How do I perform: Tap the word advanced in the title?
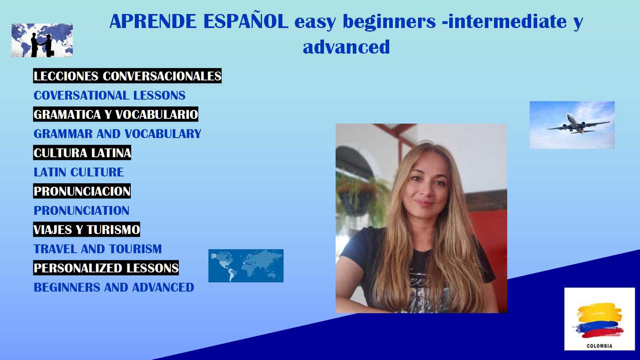point(346,47)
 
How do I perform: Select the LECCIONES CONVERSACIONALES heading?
point(128,76)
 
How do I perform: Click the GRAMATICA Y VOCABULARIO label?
point(116,114)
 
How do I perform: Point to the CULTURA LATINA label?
point(82,152)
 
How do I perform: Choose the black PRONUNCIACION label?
point(82,191)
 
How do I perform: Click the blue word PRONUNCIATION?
point(82,210)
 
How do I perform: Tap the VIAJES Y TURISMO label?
point(86,230)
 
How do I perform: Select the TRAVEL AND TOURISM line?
point(98,249)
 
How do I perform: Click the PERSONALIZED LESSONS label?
point(106,268)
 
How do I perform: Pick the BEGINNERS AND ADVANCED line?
point(114,288)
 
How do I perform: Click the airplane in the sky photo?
point(578,124)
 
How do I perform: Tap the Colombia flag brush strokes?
point(599,320)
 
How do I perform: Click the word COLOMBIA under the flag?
point(600,346)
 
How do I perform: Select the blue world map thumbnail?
point(246,266)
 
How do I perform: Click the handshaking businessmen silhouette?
point(42,45)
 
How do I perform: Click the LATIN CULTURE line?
point(78,172)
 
